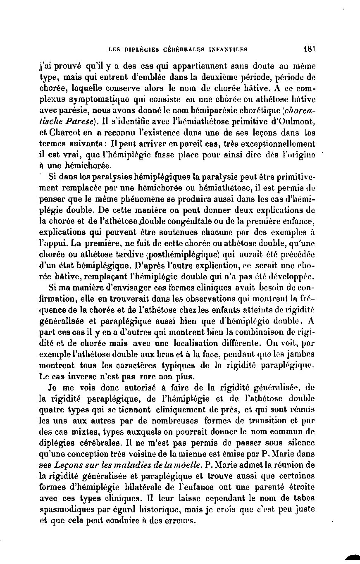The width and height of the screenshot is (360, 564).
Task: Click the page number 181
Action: tap(309, 48)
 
